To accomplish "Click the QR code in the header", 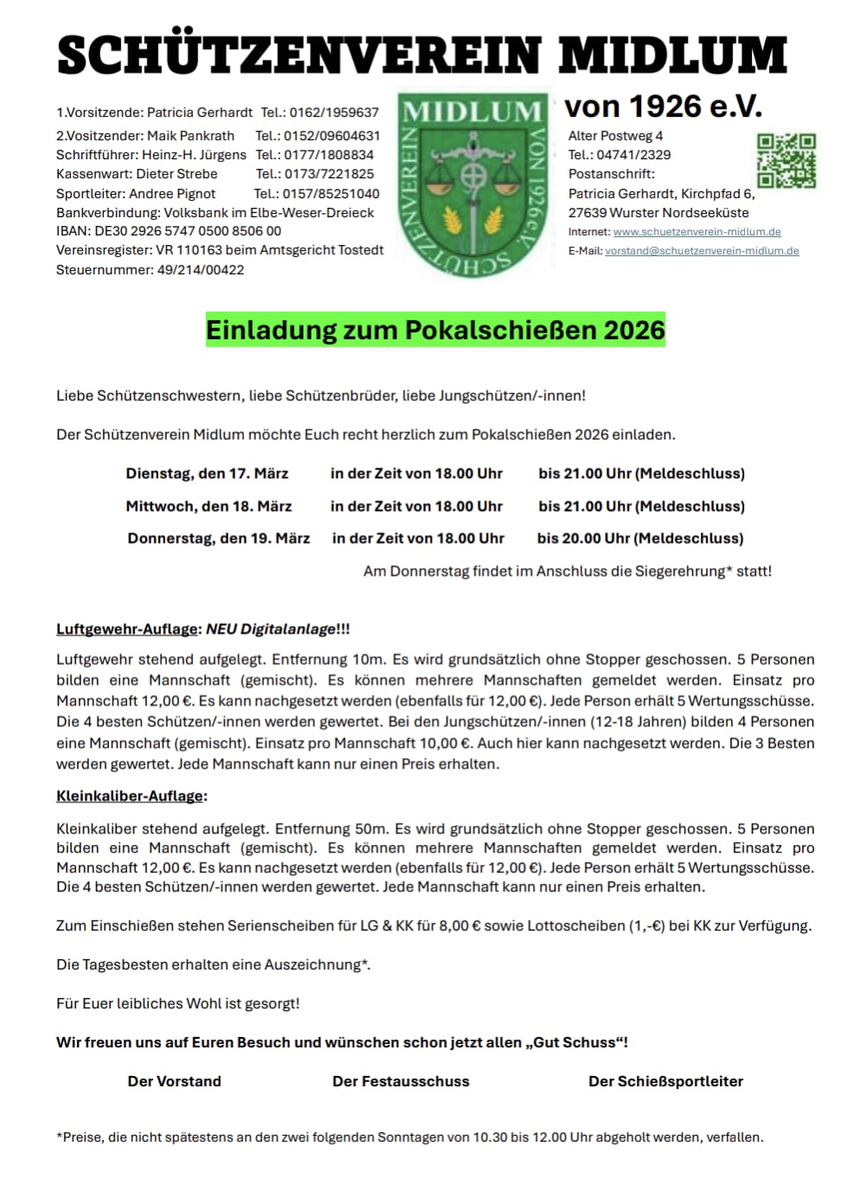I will pos(786,160).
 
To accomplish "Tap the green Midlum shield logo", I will pos(473,184).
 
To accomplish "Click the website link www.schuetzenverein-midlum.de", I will pos(697,232).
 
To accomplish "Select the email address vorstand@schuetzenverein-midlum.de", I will pos(702,251).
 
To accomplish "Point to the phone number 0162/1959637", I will pos(334,113).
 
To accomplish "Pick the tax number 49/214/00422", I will pos(201,270).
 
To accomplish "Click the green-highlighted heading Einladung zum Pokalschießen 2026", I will pos(435,330).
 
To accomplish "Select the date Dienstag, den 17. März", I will pos(207,474).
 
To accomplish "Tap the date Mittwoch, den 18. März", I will pos(209,506).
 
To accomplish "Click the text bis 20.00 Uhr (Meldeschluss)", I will pos(639,538).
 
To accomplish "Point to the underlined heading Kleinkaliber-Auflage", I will pos(130,796).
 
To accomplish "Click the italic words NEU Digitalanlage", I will pos(270,629).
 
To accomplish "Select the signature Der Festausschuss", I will pos(401,1081).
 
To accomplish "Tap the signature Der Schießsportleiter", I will pos(665,1081).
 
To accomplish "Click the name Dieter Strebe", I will pos(177,174).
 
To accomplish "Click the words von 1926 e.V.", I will pos(663,106).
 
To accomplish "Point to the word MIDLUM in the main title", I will pos(672,56).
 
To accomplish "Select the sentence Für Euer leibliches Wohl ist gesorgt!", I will pos(178,1003).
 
